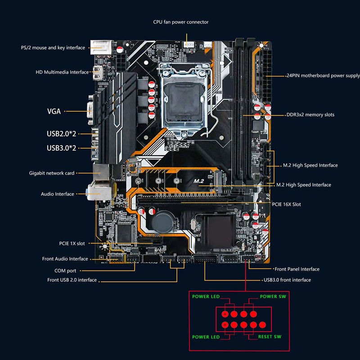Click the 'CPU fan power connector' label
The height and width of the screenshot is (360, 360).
[180, 22]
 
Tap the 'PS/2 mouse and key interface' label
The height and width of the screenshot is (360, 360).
[53, 48]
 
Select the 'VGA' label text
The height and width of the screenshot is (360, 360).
[54, 111]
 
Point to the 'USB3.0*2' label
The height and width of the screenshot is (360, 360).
[61, 148]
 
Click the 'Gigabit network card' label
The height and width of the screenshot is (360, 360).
[52, 173]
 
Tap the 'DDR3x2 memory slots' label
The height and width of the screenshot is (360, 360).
[310, 115]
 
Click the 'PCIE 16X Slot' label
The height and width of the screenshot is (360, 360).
[287, 204]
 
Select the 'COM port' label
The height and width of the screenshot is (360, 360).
[65, 271]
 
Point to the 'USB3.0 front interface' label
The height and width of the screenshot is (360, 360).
[287, 280]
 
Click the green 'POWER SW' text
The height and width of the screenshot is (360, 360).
[273, 297]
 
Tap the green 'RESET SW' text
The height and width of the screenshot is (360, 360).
[270, 337]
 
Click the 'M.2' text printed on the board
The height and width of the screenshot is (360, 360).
[199, 181]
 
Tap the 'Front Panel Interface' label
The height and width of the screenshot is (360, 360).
[297, 269]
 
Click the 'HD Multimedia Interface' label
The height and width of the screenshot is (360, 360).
[63, 72]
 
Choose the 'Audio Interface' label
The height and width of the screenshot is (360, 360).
[57, 194]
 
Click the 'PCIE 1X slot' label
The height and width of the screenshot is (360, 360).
[72, 243]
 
